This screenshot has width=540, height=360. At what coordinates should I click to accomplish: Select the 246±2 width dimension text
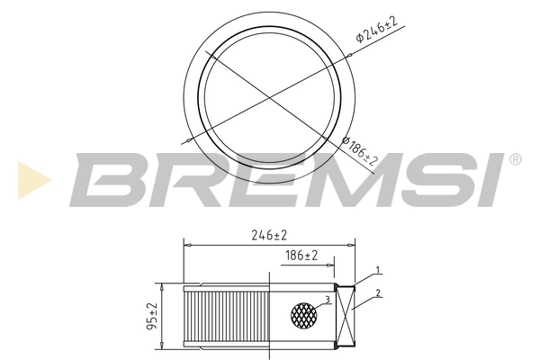[x=270, y=235]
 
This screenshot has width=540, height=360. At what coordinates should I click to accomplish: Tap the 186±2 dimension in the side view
[x=302, y=256]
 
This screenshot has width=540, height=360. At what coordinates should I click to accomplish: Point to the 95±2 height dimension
[x=152, y=315]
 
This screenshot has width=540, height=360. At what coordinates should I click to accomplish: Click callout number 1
[x=379, y=270]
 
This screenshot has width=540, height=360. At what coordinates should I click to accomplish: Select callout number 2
[x=379, y=292]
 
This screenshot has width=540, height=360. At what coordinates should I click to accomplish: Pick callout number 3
[x=328, y=299]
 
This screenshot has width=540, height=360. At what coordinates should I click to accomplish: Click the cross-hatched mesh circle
[x=305, y=314]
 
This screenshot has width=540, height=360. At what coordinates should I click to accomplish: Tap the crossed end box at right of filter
[x=346, y=315]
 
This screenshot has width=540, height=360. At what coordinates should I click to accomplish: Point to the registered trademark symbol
[x=516, y=159]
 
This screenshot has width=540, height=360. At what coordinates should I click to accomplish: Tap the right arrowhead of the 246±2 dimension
[x=353, y=243]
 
